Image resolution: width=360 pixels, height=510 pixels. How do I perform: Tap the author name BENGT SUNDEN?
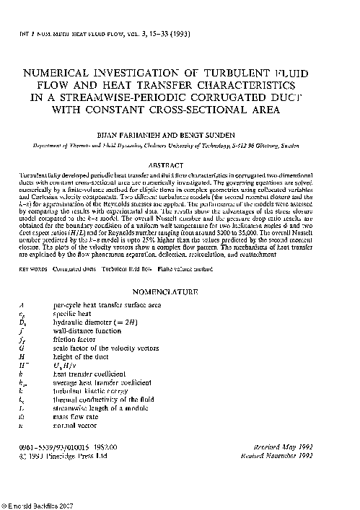[211, 134]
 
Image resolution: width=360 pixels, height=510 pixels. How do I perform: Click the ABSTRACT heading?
[179, 164]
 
